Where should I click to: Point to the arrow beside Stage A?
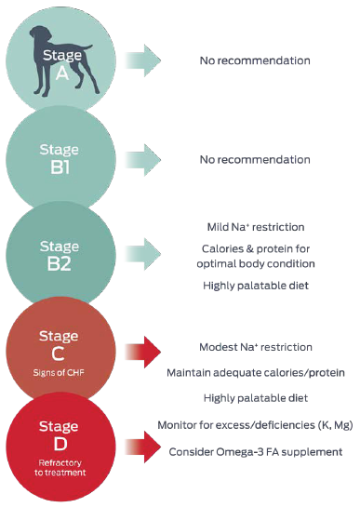143,60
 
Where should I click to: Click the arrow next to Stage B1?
143,159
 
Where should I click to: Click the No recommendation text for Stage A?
254,60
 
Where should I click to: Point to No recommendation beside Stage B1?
254,159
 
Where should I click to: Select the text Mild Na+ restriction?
255,227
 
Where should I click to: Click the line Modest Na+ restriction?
255,347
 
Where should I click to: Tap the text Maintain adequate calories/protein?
256,373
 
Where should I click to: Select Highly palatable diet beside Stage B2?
255,286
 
